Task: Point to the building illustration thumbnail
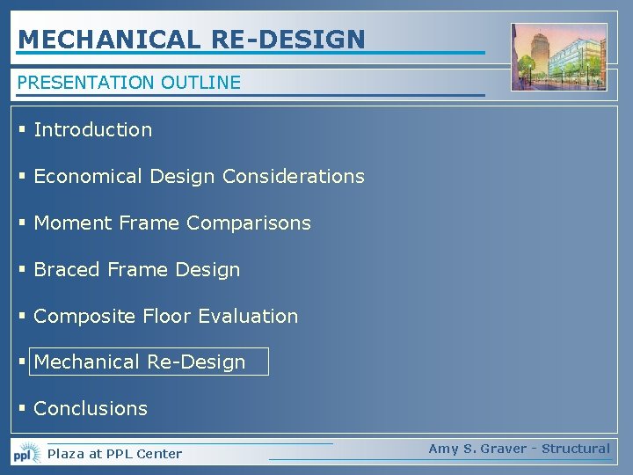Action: (559, 57)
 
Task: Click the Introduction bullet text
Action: (92, 130)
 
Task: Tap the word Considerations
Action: (293, 177)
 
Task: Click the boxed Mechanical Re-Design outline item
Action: (149, 362)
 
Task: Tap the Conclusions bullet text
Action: (91, 409)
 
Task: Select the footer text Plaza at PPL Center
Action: (114, 454)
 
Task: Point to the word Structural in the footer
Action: (575, 449)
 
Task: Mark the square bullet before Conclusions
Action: (22, 409)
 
